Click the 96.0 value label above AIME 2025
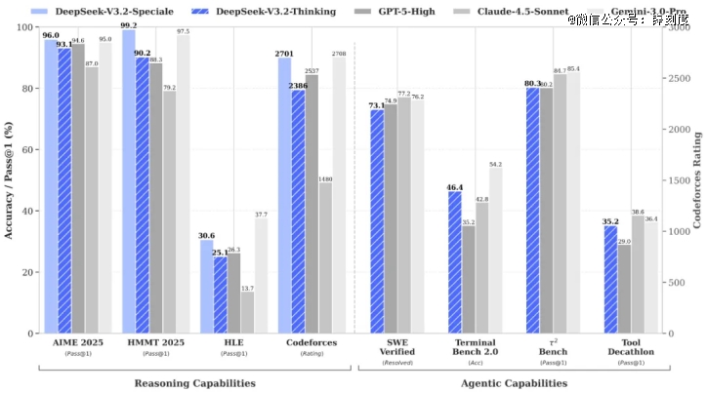click(x=51, y=35)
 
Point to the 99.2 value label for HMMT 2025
click(x=129, y=25)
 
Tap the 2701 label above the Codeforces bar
click(x=284, y=54)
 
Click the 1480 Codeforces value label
click(x=325, y=178)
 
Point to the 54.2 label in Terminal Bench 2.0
click(x=495, y=164)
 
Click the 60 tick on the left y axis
click(x=26, y=149)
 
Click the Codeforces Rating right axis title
click(x=698, y=180)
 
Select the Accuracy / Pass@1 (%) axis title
click(x=9, y=180)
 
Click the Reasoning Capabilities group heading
click(x=194, y=383)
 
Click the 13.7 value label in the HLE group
click(x=247, y=288)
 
